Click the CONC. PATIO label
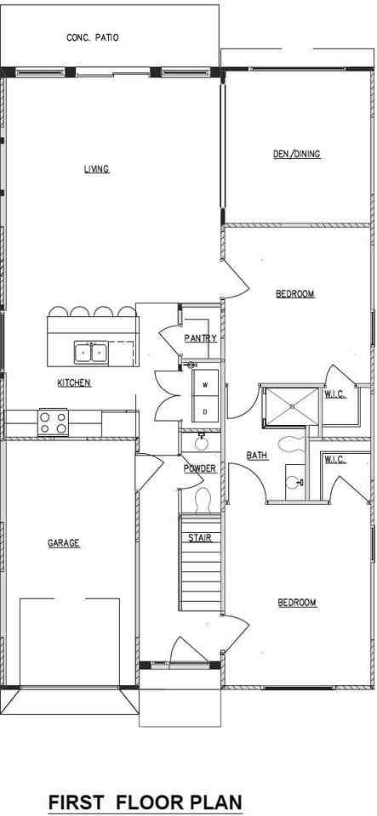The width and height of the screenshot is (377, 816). coord(93,37)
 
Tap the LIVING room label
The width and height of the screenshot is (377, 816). coord(96,169)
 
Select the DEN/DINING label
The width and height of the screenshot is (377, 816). coord(296,154)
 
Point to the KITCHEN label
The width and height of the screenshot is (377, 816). coord(74,383)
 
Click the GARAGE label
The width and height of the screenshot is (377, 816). coord(64,543)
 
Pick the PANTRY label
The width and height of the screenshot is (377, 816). coord(200,338)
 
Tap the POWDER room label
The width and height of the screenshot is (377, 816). coord(199,468)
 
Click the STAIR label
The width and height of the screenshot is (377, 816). coord(200,538)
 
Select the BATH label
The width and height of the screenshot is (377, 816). coord(257,456)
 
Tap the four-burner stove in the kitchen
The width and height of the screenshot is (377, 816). coord(54,422)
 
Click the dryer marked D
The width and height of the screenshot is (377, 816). coord(205,411)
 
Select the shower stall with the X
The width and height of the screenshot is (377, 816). coord(290,406)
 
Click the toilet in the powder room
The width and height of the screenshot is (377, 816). coord(203,500)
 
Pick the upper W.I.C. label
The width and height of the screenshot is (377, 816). coord(334,394)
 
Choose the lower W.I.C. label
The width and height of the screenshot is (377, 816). coord(334,460)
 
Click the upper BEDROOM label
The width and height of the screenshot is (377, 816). coord(294,294)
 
